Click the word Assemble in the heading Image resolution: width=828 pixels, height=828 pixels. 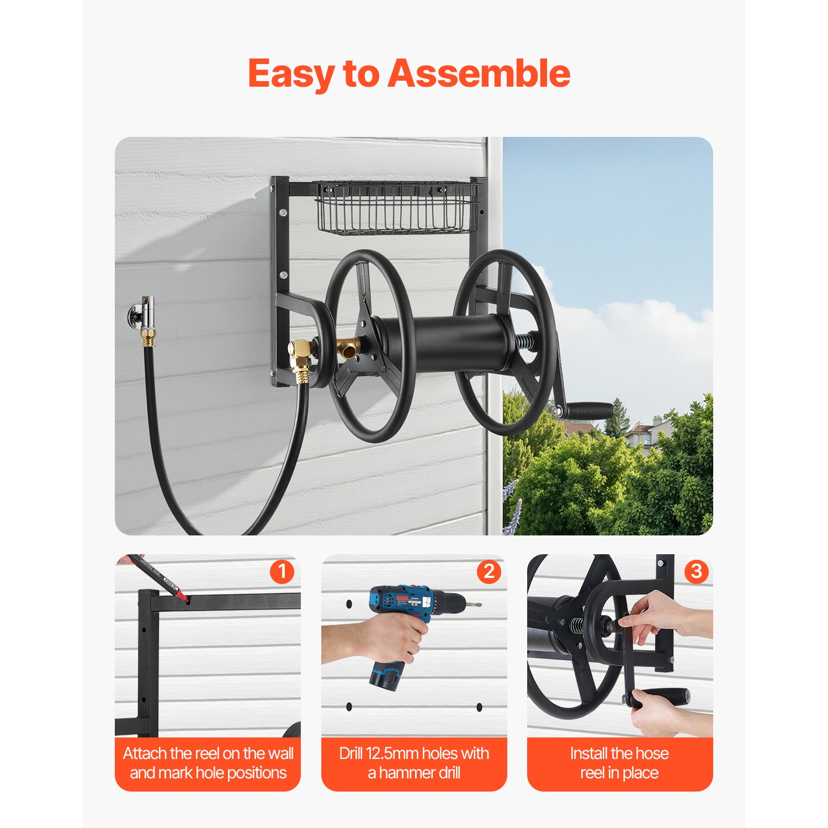[x=479, y=73]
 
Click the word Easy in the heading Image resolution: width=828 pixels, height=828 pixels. [x=291, y=73]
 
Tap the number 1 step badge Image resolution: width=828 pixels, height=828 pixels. [x=282, y=571]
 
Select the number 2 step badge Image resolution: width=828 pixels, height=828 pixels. [x=489, y=571]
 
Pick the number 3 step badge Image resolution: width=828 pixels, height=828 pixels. [x=696, y=571]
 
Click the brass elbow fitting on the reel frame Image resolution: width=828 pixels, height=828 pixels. [x=301, y=353]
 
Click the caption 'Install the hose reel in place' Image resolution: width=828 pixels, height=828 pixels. [x=619, y=763]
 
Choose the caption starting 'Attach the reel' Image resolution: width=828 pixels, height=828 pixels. [x=208, y=763]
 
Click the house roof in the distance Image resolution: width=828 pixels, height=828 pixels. [x=640, y=429]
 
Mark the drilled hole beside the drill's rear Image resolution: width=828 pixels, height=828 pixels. [x=349, y=604]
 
